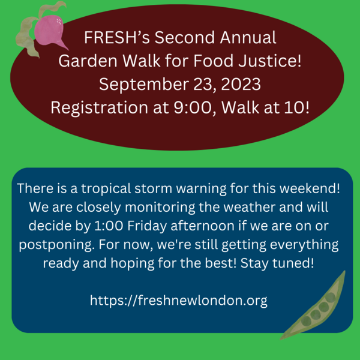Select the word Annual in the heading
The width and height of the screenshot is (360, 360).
(x=248, y=37)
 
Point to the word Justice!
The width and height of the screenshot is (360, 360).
(x=270, y=61)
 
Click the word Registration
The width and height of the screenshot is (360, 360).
(x=100, y=108)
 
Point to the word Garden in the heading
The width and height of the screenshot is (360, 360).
(x=88, y=61)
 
